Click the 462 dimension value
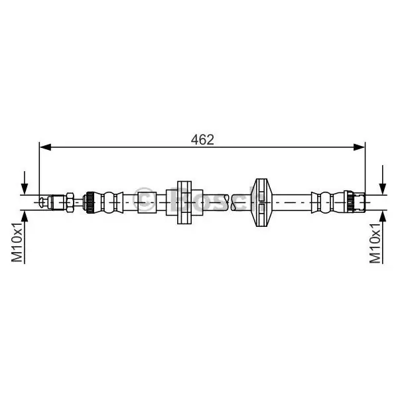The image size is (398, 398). (x=202, y=139)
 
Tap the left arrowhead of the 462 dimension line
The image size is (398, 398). (x=45, y=147)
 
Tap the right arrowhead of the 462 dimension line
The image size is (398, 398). (x=359, y=147)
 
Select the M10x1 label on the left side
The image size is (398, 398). (x=18, y=242)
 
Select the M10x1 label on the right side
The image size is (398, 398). (x=375, y=243)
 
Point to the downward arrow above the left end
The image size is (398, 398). (x=25, y=183)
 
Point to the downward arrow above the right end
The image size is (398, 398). (x=383, y=180)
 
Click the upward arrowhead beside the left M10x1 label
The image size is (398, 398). (x=25, y=216)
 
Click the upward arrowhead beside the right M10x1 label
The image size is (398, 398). (x=383, y=216)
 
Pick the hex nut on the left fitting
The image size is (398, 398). (x=70, y=202)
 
